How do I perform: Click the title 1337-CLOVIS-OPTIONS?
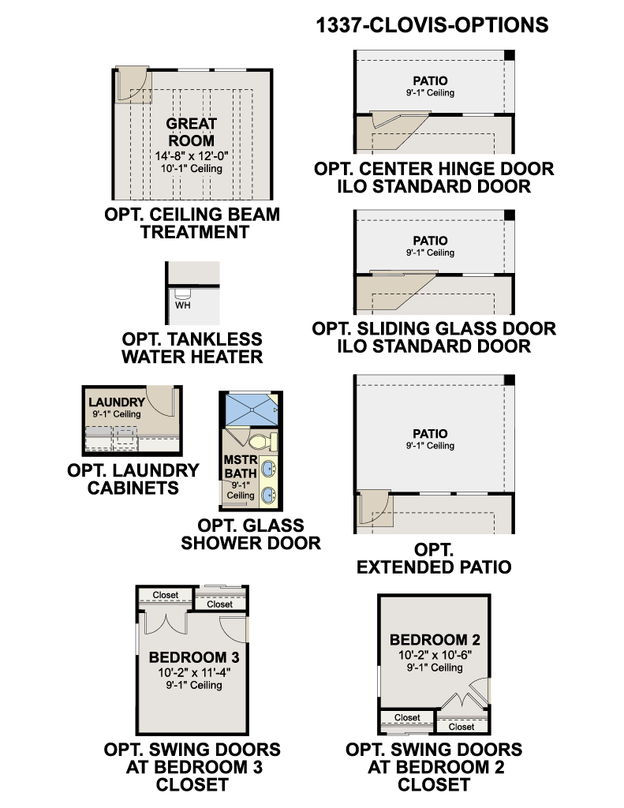tap(432, 25)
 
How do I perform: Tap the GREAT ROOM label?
tap(191, 132)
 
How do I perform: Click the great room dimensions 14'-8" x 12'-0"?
tap(192, 155)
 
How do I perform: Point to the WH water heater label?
tap(182, 305)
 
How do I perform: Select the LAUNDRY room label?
tap(117, 402)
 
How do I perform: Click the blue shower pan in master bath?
tap(252, 410)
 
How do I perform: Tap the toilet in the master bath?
tap(263, 442)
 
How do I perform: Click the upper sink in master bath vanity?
tap(268, 469)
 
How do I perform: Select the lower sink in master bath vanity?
tap(268, 496)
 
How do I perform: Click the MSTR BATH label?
tap(241, 466)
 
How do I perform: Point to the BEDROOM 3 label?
tap(194, 657)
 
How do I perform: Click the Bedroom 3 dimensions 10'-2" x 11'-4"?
tap(194, 672)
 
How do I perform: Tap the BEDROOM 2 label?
tap(435, 640)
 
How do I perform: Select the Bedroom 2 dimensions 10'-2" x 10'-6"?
tap(435, 655)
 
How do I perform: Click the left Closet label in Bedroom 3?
tap(166, 595)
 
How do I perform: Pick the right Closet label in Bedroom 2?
tap(461, 727)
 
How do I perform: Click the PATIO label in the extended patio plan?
tap(430, 434)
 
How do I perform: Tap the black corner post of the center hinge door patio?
tap(509, 56)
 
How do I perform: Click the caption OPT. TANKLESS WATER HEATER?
tap(192, 348)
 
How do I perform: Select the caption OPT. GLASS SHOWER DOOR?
tap(251, 534)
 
